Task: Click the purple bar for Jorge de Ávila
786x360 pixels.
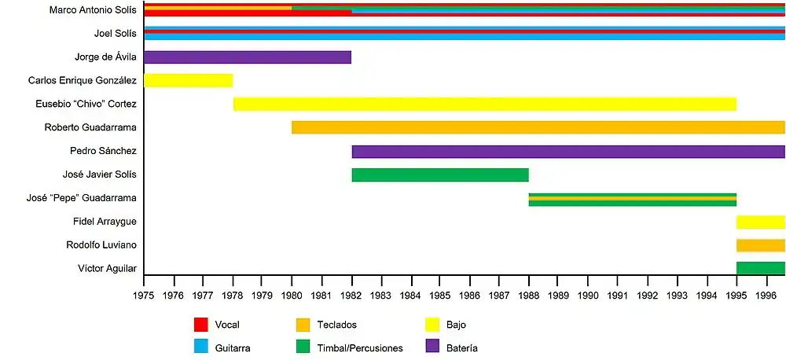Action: coord(248,57)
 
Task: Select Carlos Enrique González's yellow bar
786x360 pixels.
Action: coord(189,80)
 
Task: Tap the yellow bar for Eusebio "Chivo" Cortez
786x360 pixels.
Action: coord(485,104)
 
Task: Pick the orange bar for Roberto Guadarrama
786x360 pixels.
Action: coord(538,127)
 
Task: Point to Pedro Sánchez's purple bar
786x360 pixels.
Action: coord(568,151)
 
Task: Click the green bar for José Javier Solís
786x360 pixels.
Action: coord(440,174)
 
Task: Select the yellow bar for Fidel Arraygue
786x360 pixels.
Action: coord(761,222)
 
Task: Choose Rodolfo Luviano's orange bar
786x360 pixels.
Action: coord(761,245)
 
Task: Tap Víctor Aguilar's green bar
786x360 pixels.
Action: coord(761,269)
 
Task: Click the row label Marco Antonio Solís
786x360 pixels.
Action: coord(93,10)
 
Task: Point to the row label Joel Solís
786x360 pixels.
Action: coord(116,33)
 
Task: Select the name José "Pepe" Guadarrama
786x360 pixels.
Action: coord(82,198)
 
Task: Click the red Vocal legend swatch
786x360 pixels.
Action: coord(201,325)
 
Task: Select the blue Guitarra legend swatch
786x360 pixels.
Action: coord(201,347)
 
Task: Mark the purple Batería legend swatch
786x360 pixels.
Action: coord(432,347)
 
